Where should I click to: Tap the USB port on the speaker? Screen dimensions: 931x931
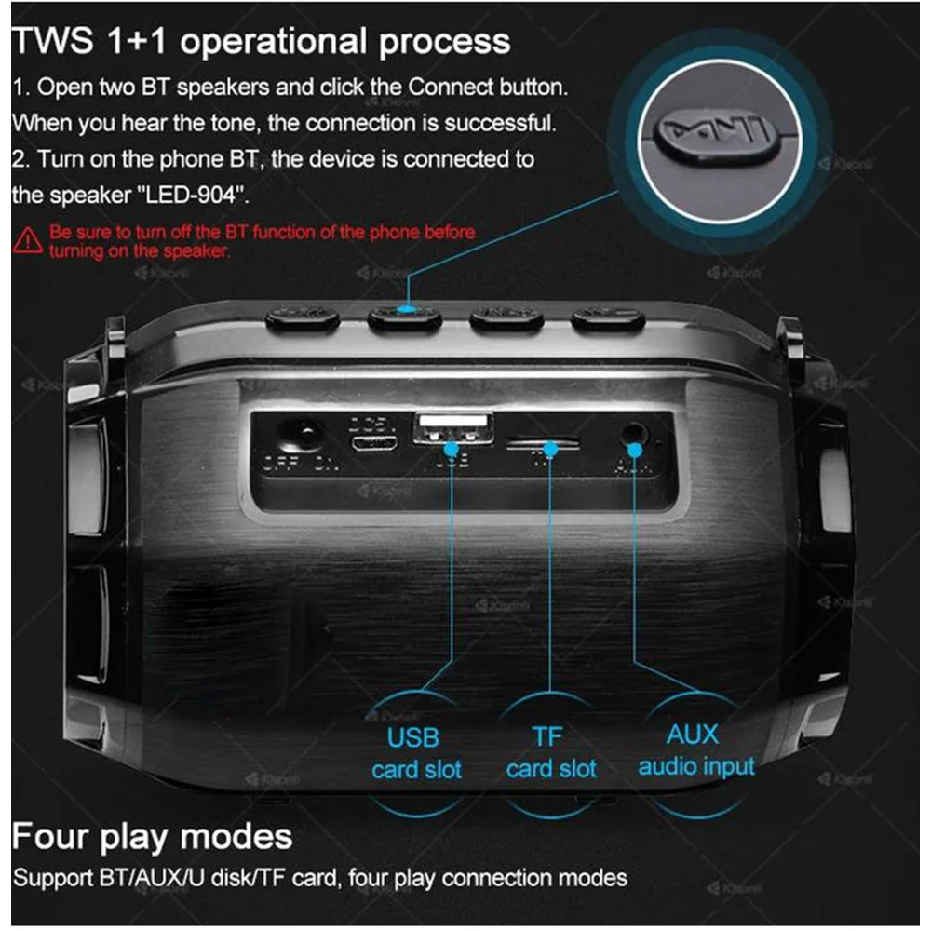point(453,428)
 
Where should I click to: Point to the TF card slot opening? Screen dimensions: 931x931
point(544,444)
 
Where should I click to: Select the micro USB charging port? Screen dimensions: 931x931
point(372,441)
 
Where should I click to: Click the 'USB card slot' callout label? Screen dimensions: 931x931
point(415,753)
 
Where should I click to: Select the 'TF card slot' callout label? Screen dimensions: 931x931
point(549,752)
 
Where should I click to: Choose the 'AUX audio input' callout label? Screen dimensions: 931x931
point(695,750)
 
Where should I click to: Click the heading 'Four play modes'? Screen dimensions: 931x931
point(152,835)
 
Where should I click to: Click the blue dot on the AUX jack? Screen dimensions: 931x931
point(636,451)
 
